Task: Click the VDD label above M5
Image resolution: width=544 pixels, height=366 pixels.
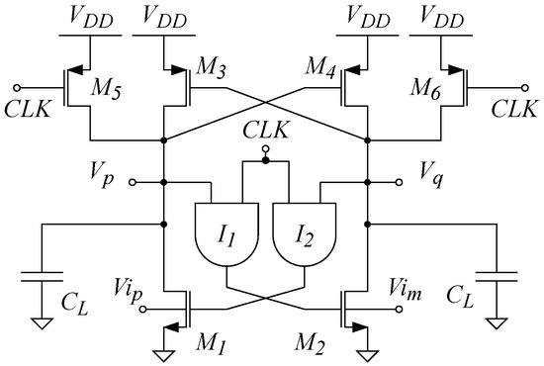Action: [90, 17]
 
